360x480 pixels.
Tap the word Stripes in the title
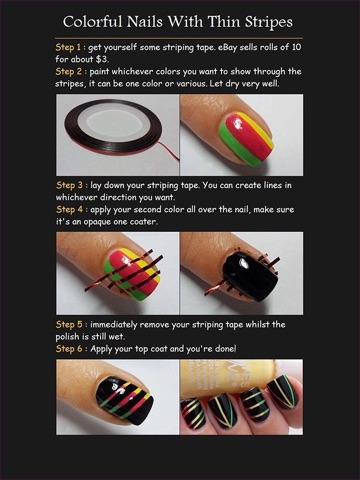click(268, 23)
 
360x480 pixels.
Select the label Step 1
click(68, 47)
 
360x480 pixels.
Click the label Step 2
click(69, 72)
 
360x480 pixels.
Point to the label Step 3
click(69, 185)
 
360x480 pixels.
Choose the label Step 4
click(69, 210)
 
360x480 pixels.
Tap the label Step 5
click(69, 325)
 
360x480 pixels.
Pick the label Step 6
click(69, 349)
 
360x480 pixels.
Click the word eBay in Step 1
click(228, 47)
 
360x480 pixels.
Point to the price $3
click(103, 60)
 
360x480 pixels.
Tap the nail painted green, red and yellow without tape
click(245, 138)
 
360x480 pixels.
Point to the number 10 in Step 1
click(296, 47)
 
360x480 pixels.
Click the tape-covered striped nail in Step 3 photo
click(133, 274)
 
